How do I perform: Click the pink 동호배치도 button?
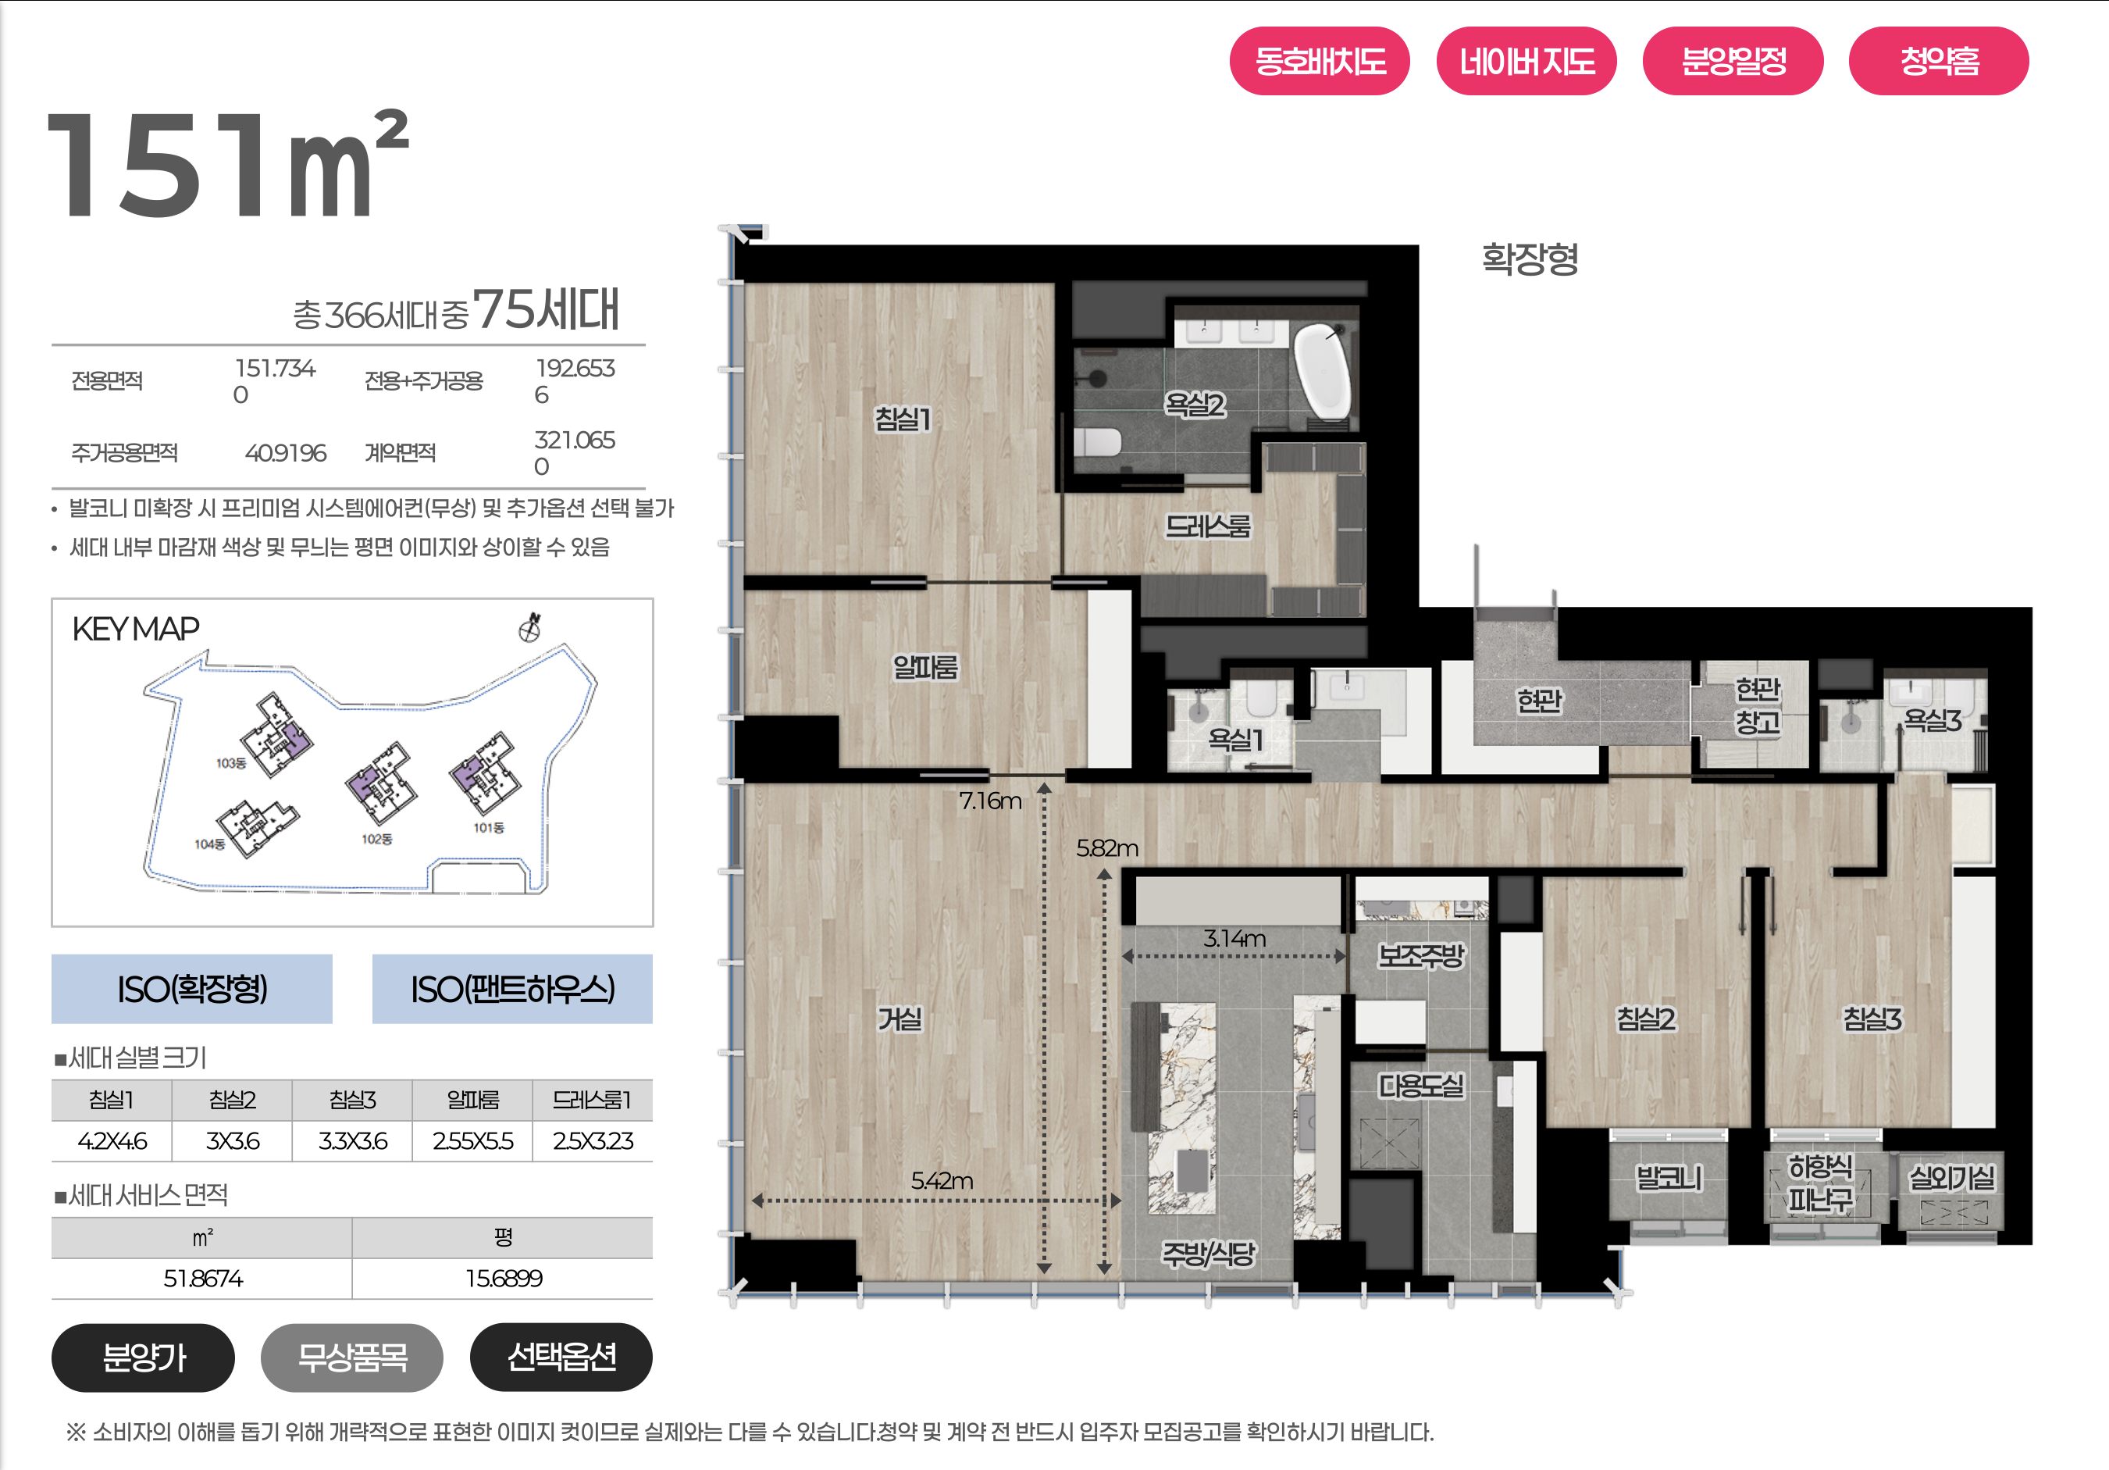coord(1319,61)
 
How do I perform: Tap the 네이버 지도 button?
coord(1526,61)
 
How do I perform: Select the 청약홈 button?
coord(1938,61)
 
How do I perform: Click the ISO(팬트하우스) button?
coord(511,989)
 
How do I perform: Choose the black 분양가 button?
coord(144,1357)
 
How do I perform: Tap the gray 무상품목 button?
coord(352,1357)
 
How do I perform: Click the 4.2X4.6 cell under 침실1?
coord(112,1141)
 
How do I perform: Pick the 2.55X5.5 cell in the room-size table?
coord(473,1141)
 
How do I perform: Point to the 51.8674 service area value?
coord(203,1278)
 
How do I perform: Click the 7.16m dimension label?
coord(990,801)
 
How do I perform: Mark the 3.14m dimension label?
coord(1234,938)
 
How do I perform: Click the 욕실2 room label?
coord(1194,405)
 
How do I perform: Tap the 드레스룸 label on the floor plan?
coord(1208,526)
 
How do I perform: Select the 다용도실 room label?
coord(1421,1086)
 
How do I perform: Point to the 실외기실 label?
coord(1952,1177)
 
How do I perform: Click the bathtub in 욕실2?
coord(1323,371)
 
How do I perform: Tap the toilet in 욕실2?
coord(1098,442)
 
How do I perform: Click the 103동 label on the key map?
coord(230,762)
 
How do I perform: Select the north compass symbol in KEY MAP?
coord(530,627)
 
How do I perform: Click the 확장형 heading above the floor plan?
coord(1530,259)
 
